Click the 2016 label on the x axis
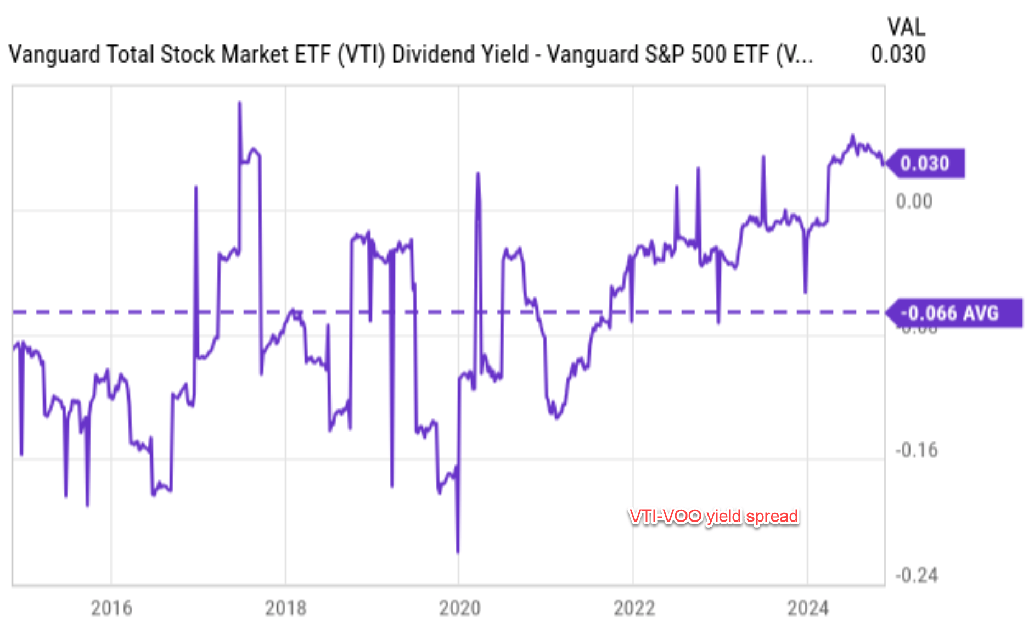(111, 608)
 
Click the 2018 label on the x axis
(285, 608)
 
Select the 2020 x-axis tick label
(459, 608)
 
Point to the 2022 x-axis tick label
(634, 608)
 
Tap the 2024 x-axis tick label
(808, 608)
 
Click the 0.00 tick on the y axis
(914, 201)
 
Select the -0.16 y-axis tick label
(917, 450)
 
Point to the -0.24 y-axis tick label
(917, 575)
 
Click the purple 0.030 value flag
(925, 164)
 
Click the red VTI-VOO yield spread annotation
(713, 517)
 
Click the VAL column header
(906, 27)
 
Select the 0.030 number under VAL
(898, 54)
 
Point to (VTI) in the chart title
(361, 54)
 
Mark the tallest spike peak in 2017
(239, 103)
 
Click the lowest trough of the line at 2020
(458, 551)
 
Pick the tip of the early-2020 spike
(478, 174)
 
